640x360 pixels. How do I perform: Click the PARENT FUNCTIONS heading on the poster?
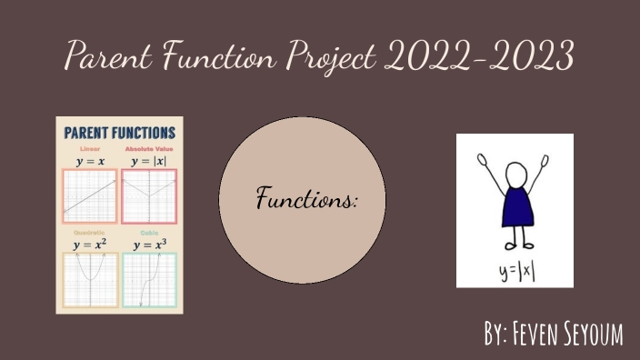[x=119, y=133]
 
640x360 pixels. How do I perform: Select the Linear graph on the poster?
[x=89, y=196]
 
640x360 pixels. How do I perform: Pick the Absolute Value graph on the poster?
[x=149, y=196]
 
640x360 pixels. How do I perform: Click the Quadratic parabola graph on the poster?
[x=89, y=279]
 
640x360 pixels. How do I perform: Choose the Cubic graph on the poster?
[x=149, y=279]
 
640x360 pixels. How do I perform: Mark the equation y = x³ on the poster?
[x=149, y=245]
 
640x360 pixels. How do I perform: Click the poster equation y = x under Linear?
[x=89, y=161]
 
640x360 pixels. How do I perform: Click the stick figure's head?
[x=515, y=174]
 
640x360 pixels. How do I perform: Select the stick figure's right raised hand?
[x=546, y=163]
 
